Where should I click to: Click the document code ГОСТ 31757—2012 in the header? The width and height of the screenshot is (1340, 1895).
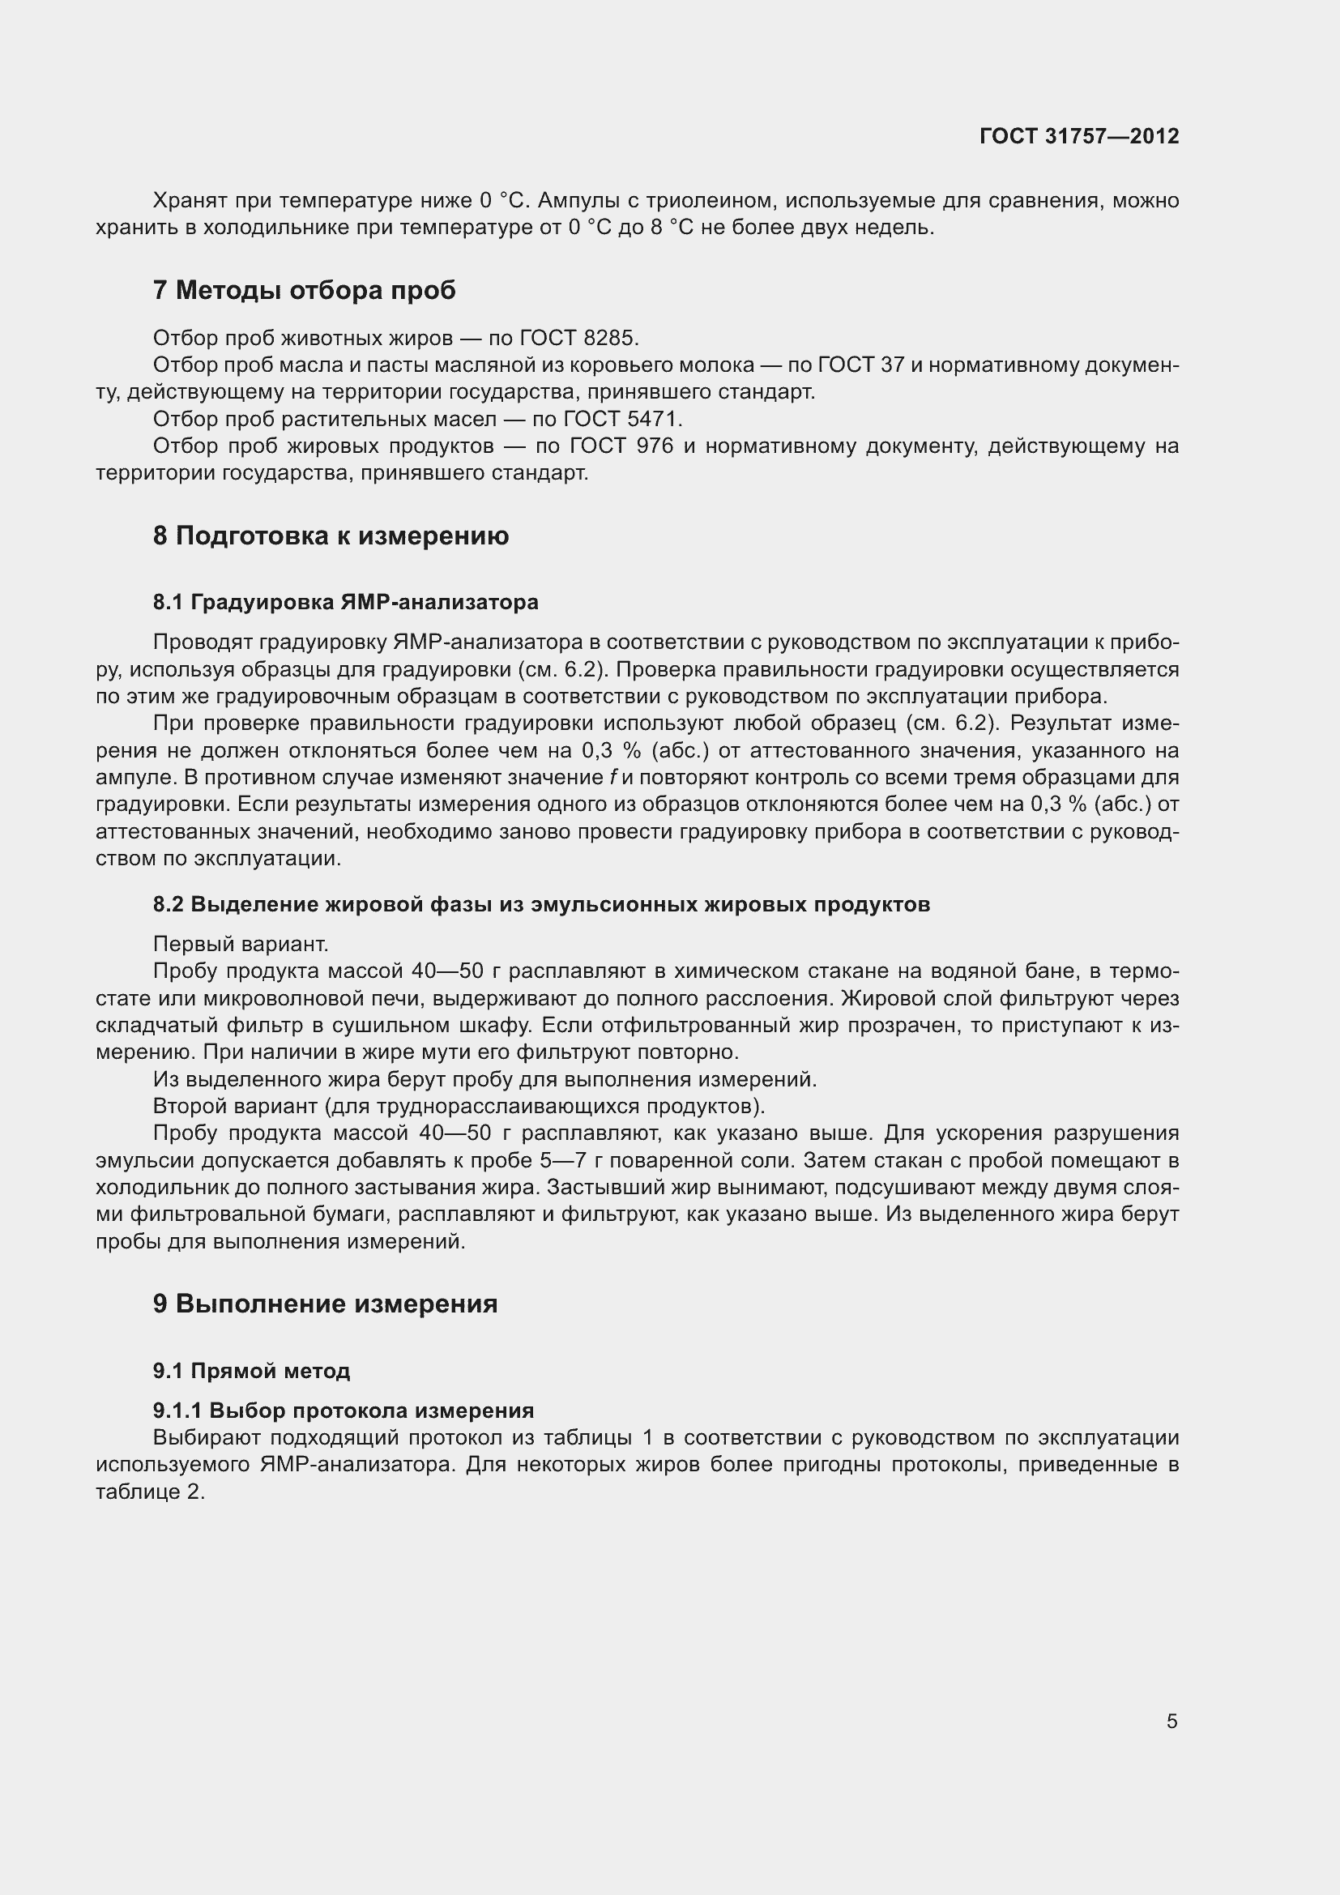[x=1078, y=136]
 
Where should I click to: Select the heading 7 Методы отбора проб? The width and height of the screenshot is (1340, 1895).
[x=304, y=291]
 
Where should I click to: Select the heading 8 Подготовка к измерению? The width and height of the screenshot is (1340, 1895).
[x=330, y=536]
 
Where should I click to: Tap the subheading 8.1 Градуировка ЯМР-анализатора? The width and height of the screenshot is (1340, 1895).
[x=345, y=603]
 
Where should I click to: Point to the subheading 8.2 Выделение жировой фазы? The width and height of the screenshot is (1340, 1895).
[x=540, y=905]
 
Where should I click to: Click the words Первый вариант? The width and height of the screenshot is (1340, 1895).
[x=240, y=944]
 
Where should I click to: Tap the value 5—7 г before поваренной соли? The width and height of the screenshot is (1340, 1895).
[x=570, y=1160]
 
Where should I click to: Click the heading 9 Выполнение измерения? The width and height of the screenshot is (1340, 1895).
[x=325, y=1304]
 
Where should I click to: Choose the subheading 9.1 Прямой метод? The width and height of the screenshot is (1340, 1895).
[x=251, y=1371]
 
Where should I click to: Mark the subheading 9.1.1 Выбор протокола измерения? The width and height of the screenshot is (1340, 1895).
[x=344, y=1411]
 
